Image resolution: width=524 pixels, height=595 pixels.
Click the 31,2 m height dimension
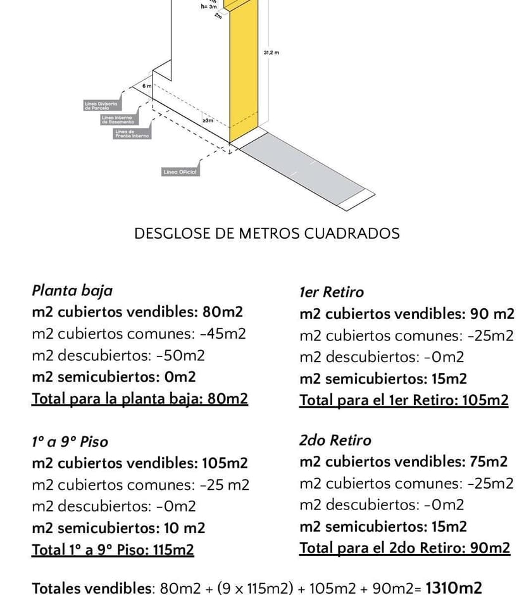click(271, 53)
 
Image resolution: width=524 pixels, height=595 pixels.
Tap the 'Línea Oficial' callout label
click(180, 172)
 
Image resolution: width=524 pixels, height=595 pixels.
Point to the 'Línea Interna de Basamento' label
click(118, 120)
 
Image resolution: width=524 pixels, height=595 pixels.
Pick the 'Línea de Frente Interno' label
click(132, 134)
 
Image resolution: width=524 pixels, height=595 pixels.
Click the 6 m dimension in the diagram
click(146, 85)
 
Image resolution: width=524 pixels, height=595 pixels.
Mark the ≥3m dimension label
click(208, 120)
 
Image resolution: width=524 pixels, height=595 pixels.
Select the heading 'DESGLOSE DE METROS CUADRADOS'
click(266, 234)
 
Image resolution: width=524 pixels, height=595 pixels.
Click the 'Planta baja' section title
click(72, 291)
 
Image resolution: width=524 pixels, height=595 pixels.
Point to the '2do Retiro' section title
click(335, 441)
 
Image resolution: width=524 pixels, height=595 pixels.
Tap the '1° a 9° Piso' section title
click(70, 442)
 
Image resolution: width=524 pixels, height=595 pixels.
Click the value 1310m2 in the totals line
click(454, 587)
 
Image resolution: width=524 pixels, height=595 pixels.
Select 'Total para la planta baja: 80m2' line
click(140, 399)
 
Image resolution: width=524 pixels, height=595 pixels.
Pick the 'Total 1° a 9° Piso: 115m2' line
click(113, 549)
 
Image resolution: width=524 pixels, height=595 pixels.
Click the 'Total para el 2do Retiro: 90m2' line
click(404, 548)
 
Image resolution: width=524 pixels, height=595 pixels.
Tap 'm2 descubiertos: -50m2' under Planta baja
click(118, 355)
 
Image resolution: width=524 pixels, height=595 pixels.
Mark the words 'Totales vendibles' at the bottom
click(92, 588)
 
